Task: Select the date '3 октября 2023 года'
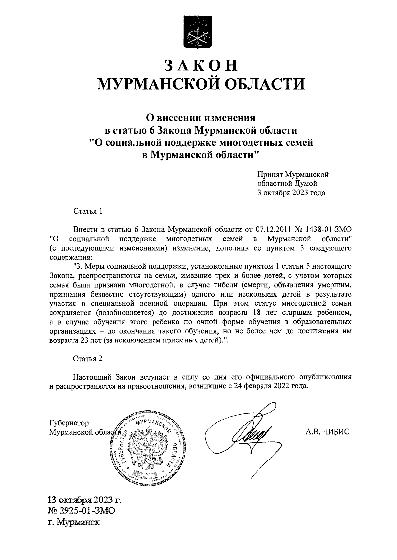[x=291, y=193]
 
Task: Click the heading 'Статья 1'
[x=87, y=211]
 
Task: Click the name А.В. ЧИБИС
[x=328, y=431]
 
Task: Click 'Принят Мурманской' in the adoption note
[x=293, y=174]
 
